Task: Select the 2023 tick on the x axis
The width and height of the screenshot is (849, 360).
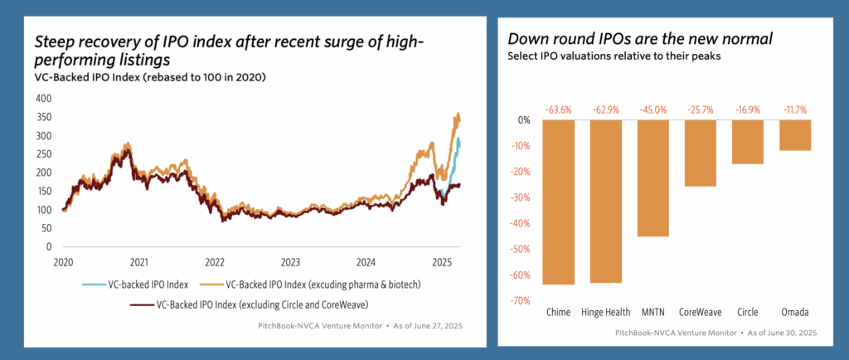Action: click(x=291, y=260)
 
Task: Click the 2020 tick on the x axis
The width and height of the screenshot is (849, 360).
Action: click(x=64, y=260)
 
